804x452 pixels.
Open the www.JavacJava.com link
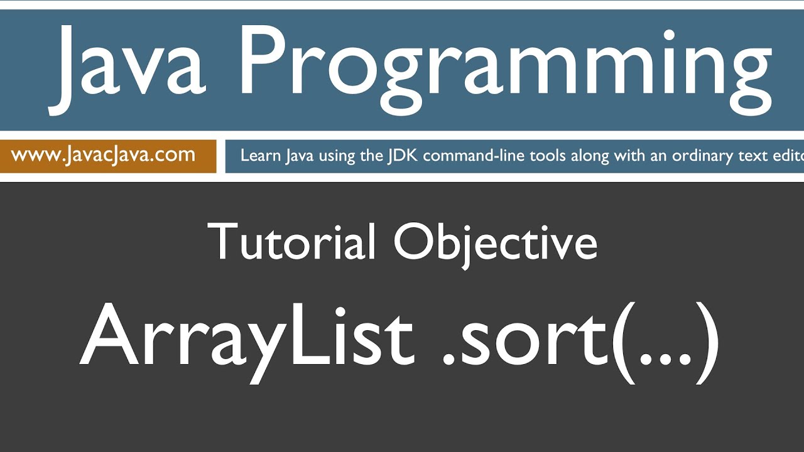[103, 155]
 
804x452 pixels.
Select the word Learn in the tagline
[260, 156]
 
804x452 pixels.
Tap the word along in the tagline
[592, 156]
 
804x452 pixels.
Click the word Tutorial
[291, 243]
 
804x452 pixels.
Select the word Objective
[496, 243]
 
